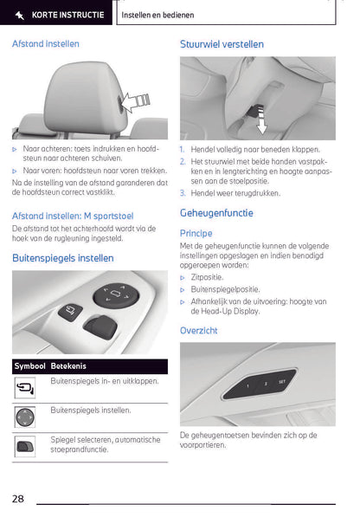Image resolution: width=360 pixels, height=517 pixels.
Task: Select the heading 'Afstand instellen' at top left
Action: [x=46, y=43]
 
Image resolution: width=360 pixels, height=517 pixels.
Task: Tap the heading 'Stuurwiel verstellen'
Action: [x=222, y=43]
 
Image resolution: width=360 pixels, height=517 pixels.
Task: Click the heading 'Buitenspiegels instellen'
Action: [x=62, y=257]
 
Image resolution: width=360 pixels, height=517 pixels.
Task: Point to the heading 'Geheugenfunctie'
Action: [x=216, y=212]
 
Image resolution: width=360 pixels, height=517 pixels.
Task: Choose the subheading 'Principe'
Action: [x=196, y=233]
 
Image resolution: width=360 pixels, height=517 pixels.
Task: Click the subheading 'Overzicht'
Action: [x=198, y=330]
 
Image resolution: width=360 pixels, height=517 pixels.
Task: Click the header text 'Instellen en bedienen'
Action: [x=157, y=15]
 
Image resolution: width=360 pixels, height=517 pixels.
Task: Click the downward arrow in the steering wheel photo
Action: [x=259, y=122]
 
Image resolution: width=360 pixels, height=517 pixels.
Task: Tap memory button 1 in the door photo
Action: [x=247, y=385]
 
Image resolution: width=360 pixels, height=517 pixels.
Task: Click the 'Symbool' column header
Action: [x=30, y=366]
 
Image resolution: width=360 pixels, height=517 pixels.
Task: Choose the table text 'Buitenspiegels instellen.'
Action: [x=91, y=410]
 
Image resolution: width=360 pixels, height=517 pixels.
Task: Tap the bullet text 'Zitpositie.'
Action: [x=211, y=277]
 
